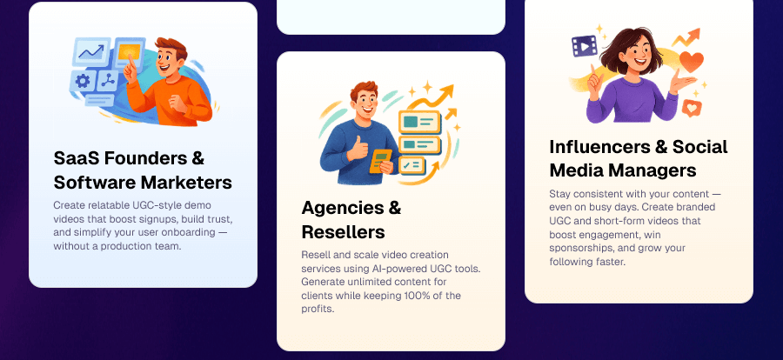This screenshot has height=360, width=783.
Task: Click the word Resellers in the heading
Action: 343,232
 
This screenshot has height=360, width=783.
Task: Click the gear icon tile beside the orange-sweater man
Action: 84,81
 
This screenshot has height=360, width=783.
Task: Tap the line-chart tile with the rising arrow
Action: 90,52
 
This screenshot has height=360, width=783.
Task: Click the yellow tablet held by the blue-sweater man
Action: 380,162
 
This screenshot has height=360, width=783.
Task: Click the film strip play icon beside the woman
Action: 583,47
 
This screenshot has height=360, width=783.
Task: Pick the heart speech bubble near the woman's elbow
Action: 692,108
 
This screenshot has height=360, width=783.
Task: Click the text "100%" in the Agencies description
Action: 428,296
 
